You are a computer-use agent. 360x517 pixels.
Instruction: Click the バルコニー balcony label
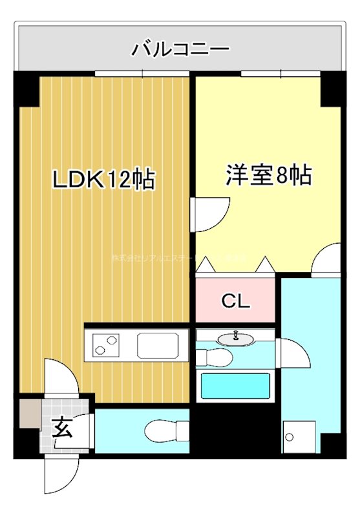coord(180,48)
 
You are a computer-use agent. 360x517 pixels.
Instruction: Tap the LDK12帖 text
coord(103,179)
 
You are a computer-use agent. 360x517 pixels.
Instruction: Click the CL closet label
coord(235,301)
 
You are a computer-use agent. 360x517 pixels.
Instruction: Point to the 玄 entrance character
coord(62,427)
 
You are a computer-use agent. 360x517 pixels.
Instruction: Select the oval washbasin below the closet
coord(236,338)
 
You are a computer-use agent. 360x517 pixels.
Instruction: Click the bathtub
coord(235,386)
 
